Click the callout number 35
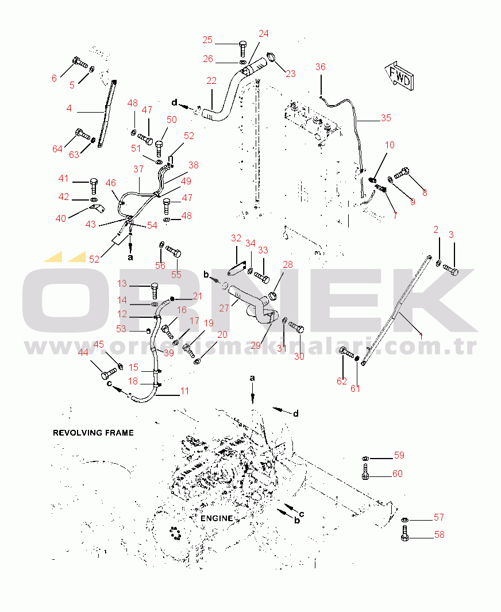[x=386, y=118]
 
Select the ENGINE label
[x=217, y=518]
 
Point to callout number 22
[x=211, y=81]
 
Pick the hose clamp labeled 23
[x=272, y=57]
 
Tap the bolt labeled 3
[x=451, y=271]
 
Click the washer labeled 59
[x=365, y=457]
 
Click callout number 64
[x=57, y=149]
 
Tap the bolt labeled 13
[x=153, y=287]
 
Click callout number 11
[x=184, y=391]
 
